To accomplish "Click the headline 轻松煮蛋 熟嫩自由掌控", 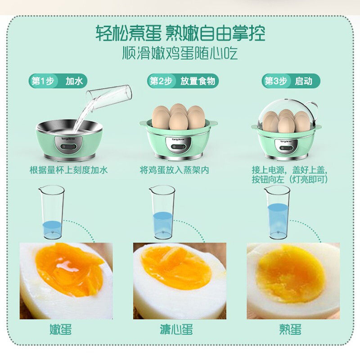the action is pyautogui.click(x=180, y=33).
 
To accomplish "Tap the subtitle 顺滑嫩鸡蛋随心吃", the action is pyautogui.click(x=180, y=53).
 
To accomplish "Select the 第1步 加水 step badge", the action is pyautogui.click(x=58, y=81).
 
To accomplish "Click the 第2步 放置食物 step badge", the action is pyautogui.click(x=183, y=81).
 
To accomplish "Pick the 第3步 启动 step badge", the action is pyautogui.click(x=291, y=81).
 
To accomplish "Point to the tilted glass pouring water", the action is pyautogui.click(x=109, y=98).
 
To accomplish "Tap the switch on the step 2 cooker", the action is pyautogui.click(x=179, y=147).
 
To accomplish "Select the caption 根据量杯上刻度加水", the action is pyautogui.click(x=69, y=170).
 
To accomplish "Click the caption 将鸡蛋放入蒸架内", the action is pyautogui.click(x=175, y=170).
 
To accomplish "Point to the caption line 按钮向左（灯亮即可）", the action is pyautogui.click(x=290, y=180).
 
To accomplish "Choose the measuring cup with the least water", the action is pyautogui.click(x=52, y=212).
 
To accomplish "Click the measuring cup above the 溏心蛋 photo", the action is pyautogui.click(x=162, y=212).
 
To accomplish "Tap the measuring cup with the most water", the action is pyautogui.click(x=277, y=212).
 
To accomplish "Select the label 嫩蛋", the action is pyautogui.click(x=61, y=329).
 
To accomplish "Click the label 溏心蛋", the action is pyautogui.click(x=176, y=329).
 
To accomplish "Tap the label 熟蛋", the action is pyautogui.click(x=290, y=329).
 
